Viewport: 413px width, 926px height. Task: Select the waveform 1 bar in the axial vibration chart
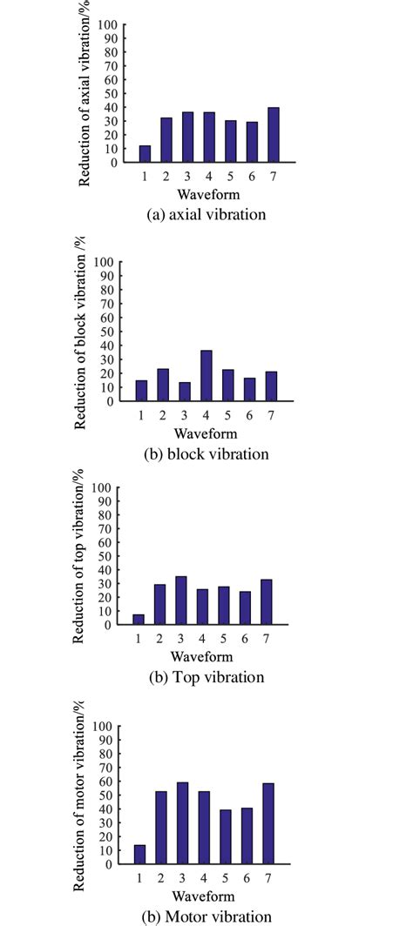pyautogui.click(x=145, y=154)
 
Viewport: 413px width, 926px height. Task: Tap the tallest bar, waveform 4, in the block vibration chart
pyautogui.click(x=206, y=376)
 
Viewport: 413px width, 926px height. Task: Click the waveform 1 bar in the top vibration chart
pyautogui.click(x=139, y=620)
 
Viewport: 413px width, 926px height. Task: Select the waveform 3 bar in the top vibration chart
pyautogui.click(x=181, y=601)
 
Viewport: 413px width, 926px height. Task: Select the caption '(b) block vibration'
pyautogui.click(x=206, y=454)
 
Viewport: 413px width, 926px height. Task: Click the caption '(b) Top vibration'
pyautogui.click(x=204, y=677)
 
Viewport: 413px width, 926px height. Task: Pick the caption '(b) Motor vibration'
pyautogui.click(x=206, y=916)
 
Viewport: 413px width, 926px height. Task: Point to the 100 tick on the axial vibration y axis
pyautogui.click(x=111, y=24)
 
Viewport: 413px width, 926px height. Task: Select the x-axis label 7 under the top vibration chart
pyautogui.click(x=267, y=638)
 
